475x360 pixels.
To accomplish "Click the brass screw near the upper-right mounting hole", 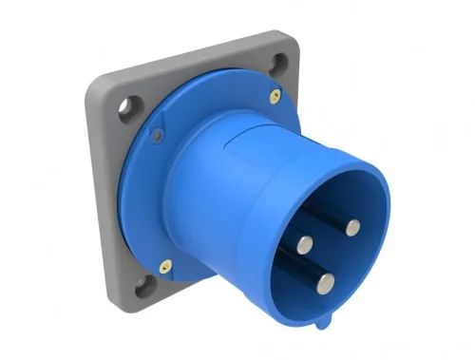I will point(275,93).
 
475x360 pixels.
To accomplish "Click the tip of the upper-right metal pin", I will point(352,226).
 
